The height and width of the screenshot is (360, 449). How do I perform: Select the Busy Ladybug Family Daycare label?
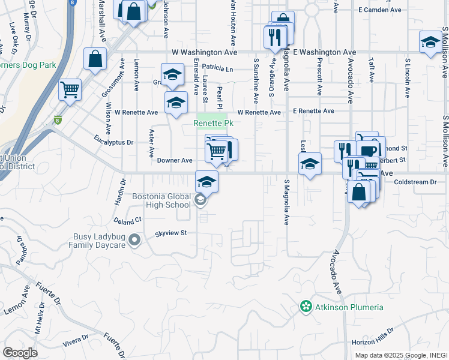[99, 241]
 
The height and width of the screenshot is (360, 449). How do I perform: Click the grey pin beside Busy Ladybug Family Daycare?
[134, 241]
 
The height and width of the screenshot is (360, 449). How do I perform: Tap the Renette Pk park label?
[212, 123]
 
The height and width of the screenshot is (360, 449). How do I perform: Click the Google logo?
[20, 353]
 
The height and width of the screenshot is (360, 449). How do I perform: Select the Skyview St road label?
[172, 233]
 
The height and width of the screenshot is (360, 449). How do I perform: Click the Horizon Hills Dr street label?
[373, 337]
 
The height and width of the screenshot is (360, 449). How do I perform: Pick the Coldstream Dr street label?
[415, 182]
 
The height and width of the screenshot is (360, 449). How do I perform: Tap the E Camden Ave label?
[379, 10]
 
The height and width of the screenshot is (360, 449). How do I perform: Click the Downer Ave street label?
[175, 161]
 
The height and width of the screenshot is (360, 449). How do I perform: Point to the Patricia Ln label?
[217, 68]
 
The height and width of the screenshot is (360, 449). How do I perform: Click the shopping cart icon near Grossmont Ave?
[70, 90]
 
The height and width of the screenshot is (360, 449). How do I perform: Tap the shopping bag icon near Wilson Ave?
[95, 58]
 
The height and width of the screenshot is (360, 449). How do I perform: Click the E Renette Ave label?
[313, 112]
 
